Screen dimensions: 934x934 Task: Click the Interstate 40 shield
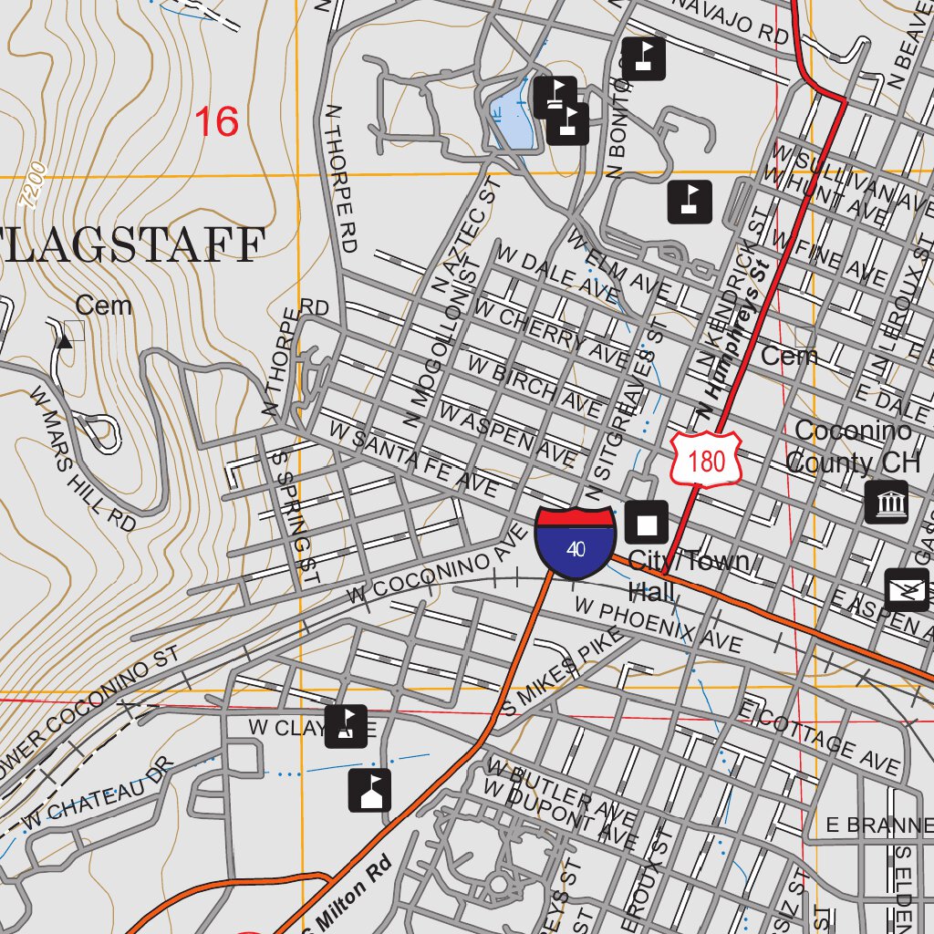click(x=575, y=543)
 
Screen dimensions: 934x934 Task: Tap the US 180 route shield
click(x=707, y=461)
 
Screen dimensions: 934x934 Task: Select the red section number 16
click(x=217, y=121)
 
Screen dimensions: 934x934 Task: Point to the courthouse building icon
click(x=886, y=502)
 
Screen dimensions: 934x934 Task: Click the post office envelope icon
click(x=907, y=590)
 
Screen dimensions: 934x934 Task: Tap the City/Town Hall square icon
click(x=647, y=523)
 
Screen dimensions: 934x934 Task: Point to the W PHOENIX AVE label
click(x=658, y=626)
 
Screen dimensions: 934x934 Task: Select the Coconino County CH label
click(x=852, y=446)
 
